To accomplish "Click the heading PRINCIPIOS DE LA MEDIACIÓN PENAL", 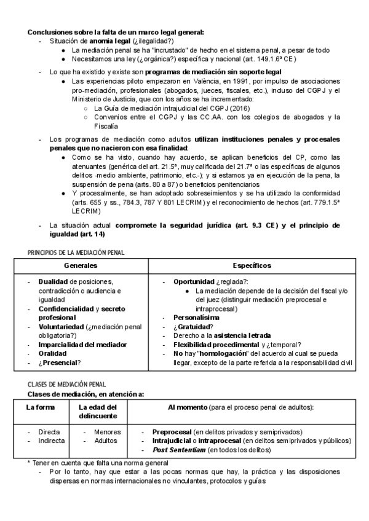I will click(76, 253).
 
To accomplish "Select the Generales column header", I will click(80, 265).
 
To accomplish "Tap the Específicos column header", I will click(253, 265).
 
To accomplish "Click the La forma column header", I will click(40, 407).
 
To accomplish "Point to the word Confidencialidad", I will click(66, 308).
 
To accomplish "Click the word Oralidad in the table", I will click(54, 353).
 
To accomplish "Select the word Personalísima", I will click(195, 318).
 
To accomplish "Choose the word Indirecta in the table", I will click(52, 441).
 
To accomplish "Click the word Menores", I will click(107, 432).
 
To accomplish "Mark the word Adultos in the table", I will click(105, 441).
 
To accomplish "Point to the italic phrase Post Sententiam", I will click(178, 450).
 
